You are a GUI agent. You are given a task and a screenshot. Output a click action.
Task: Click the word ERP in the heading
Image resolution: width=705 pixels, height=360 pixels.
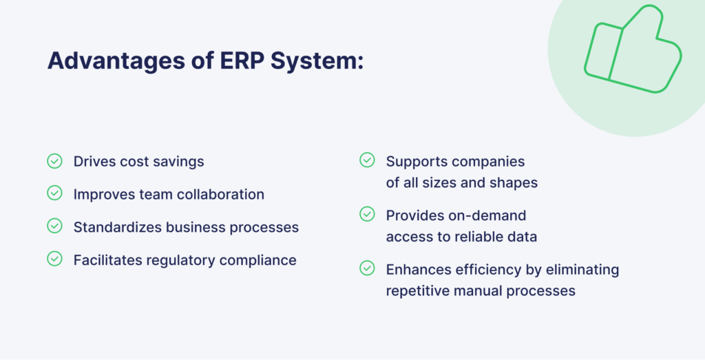(x=242, y=60)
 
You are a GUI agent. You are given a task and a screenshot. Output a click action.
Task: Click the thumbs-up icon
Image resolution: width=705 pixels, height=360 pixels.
(x=633, y=50)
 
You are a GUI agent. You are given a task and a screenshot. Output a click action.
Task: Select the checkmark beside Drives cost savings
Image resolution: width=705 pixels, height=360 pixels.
(x=54, y=160)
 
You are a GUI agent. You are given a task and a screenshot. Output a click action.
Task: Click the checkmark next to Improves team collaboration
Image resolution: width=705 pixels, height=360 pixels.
(x=54, y=193)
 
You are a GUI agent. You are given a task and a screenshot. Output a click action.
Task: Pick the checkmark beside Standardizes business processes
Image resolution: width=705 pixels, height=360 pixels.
(x=54, y=226)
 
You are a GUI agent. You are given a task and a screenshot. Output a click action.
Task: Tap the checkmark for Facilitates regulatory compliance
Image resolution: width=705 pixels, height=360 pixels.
(x=54, y=258)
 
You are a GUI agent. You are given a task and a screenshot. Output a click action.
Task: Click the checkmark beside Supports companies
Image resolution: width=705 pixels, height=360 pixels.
(x=367, y=160)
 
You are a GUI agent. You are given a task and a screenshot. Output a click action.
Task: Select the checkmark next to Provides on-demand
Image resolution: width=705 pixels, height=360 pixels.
(x=367, y=214)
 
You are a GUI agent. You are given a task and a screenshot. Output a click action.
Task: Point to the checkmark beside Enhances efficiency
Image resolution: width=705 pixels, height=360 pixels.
(x=367, y=268)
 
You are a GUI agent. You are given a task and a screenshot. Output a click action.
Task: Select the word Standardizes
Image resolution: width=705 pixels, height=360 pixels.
(x=117, y=227)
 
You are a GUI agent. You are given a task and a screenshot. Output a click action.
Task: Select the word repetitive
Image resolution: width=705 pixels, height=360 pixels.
(x=418, y=291)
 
